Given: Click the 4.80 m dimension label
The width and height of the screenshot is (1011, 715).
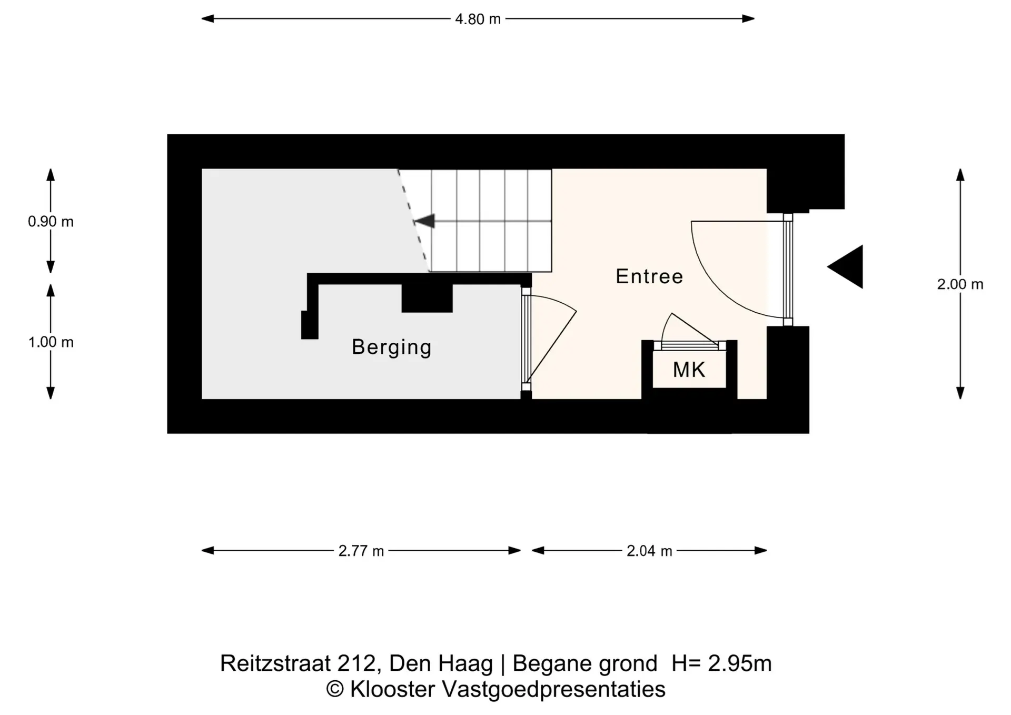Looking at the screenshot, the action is (x=478, y=19).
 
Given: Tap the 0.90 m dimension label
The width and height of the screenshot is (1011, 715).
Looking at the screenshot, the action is (x=51, y=222).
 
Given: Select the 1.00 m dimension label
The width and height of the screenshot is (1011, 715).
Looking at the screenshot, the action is (x=51, y=342).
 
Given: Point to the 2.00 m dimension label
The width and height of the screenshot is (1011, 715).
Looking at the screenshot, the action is (x=960, y=284).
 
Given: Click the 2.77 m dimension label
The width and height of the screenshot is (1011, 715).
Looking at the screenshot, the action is (x=361, y=551).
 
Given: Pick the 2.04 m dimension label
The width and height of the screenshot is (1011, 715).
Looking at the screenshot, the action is (x=649, y=551).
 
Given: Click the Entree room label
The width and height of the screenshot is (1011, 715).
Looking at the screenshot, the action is (x=649, y=276).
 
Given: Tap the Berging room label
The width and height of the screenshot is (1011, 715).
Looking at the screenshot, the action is (x=392, y=347).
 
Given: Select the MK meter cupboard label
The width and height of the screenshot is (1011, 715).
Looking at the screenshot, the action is (x=689, y=370).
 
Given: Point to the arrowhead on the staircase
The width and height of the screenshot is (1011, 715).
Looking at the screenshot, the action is (x=424, y=221).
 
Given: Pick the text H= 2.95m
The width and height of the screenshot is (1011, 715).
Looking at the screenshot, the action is (x=721, y=663).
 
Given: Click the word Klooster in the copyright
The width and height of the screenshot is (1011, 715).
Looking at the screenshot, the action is (x=393, y=689).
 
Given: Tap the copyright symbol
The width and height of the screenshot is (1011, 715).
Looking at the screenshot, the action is (x=335, y=690).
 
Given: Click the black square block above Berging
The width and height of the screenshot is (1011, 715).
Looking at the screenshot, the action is (x=427, y=298).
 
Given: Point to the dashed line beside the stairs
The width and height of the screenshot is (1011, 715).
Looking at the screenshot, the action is (x=413, y=221).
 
